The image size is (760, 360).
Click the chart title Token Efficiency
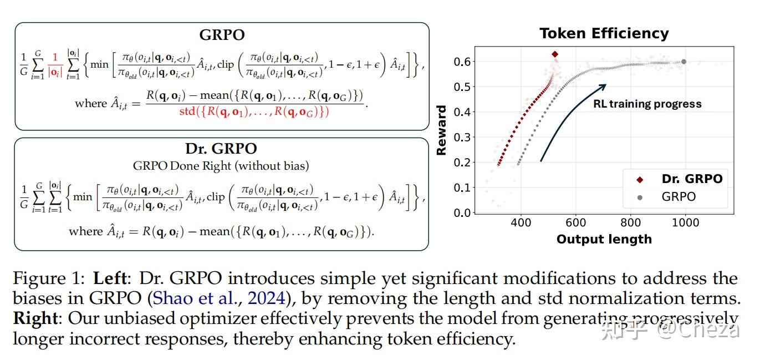click(604, 34)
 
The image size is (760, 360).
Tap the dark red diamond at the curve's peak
click(555, 54)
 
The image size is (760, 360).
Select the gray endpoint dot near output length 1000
click(684, 62)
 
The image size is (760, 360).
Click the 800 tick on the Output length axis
click(631, 222)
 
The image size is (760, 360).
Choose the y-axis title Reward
click(442, 130)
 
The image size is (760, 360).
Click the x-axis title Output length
click(604, 239)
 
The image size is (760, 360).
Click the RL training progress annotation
click(647, 104)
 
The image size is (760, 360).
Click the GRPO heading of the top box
click(222, 34)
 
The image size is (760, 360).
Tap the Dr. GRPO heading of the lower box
click(221, 149)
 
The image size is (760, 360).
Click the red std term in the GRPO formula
click(254, 111)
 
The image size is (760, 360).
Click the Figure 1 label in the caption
click(50, 278)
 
